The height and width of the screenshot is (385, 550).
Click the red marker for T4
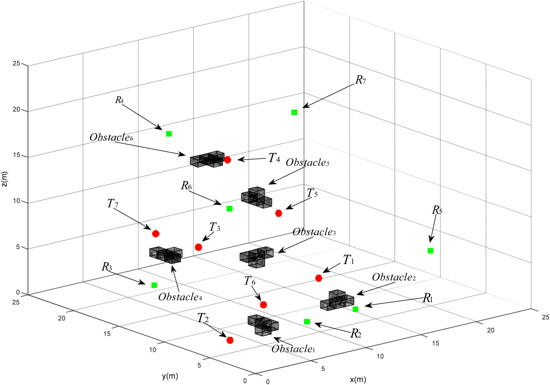tap(227, 160)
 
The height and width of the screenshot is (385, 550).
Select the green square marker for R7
tap(294, 113)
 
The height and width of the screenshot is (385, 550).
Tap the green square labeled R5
tap(431, 251)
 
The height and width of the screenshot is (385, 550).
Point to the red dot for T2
tap(230, 340)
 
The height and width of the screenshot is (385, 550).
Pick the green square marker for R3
tap(154, 285)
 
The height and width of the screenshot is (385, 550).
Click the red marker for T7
tap(156, 234)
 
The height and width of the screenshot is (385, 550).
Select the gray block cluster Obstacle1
tap(263, 325)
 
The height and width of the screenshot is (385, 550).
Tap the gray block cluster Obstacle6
tap(207, 159)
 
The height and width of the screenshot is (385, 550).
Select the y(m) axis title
tap(170, 376)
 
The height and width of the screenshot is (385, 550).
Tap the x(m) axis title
tap(358, 380)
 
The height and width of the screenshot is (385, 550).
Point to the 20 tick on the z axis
tap(16, 109)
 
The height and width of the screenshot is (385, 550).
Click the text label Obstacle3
tap(314, 232)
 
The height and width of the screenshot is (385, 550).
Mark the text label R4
tap(119, 100)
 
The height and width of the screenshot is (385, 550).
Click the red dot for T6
tap(263, 305)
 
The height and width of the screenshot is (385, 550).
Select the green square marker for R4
tap(169, 134)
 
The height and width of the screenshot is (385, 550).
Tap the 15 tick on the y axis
tap(107, 334)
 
